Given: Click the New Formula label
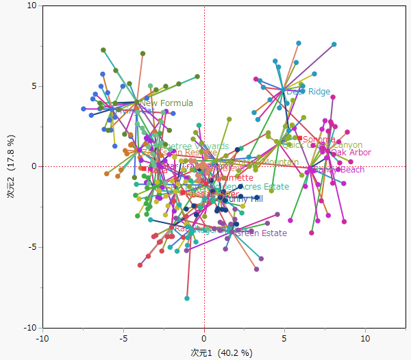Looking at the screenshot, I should [166, 103].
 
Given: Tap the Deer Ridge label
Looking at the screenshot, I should [308, 92].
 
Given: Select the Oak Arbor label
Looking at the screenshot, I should [351, 153].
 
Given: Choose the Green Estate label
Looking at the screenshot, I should [260, 233].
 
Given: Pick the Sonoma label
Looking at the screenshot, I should [319, 140].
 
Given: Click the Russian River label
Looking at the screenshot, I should [212, 194].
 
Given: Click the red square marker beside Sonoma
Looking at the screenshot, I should [299, 139].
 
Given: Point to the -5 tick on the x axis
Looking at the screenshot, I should [124, 338].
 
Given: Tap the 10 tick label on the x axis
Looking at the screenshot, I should [365, 338].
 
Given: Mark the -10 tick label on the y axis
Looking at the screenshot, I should [29, 327].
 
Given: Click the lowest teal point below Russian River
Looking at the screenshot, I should [187, 298].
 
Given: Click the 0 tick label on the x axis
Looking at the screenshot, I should [204, 338].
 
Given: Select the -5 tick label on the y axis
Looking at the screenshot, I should [31, 247].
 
